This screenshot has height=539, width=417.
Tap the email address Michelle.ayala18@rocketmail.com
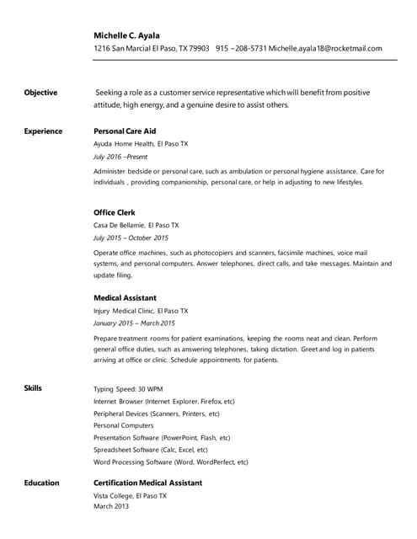[x=325, y=49]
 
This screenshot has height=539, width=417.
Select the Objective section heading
[x=40, y=92]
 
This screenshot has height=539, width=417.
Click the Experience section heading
[x=43, y=131]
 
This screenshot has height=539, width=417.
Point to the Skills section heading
[x=33, y=387]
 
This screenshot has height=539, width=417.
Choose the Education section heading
[x=41, y=483]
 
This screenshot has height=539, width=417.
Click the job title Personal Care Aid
[x=125, y=131]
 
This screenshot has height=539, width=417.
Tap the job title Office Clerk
[x=114, y=212]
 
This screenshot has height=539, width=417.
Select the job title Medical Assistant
[x=125, y=297]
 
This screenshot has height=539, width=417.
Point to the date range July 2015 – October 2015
[x=131, y=238]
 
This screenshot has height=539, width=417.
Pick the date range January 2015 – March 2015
[x=134, y=323]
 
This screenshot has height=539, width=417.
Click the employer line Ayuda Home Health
[x=141, y=144]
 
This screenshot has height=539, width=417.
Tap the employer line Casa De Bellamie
[x=136, y=226]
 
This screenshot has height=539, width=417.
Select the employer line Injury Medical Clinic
[x=141, y=311]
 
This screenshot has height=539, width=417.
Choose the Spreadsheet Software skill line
[x=150, y=450]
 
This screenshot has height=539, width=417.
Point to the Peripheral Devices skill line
[x=156, y=414]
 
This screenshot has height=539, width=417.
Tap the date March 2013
[x=111, y=506]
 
